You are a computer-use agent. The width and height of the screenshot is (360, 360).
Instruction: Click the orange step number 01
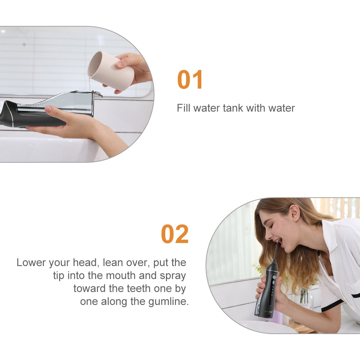[190, 80]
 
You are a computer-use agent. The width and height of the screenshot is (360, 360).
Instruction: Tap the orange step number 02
[175, 234]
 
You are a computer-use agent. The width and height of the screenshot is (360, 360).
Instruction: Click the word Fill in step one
[184, 108]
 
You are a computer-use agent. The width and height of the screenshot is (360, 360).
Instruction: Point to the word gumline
[168, 302]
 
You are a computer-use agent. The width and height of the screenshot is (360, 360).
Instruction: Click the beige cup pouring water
[111, 70]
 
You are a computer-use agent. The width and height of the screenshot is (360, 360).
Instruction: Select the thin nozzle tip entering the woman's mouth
[276, 251]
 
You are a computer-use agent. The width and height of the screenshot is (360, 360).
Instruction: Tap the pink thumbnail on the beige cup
[120, 64]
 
